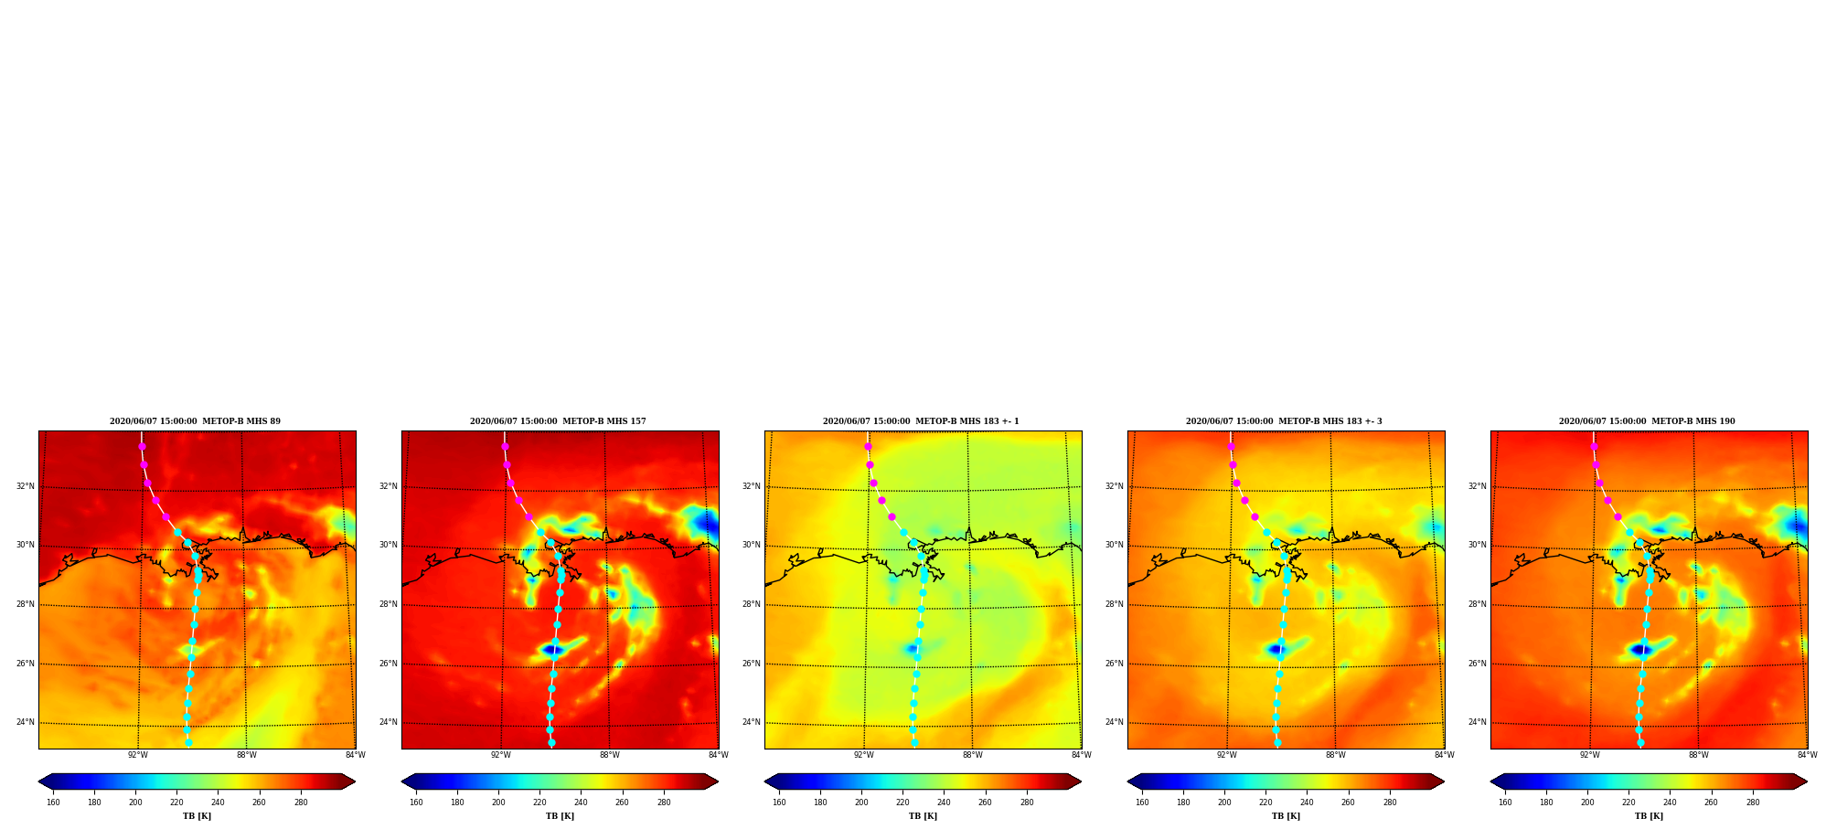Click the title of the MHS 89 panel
pos(195,421)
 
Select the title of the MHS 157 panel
pos(558,421)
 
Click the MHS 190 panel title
pos(1647,421)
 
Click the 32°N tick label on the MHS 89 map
pos(26,486)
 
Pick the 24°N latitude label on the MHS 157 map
pos(389,722)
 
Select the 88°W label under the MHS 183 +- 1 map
pos(972,755)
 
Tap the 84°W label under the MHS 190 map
pos(1807,755)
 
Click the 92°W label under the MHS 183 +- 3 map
pos(1226,755)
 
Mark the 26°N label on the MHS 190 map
pos(1478,664)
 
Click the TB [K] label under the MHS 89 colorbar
pos(197,816)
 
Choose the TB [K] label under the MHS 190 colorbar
pos(1649,816)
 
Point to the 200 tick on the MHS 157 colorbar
pos(498,802)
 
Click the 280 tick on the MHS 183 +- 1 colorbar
pos(1027,802)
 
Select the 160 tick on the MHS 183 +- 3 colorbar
pos(1142,802)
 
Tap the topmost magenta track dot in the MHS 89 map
pos(142,446)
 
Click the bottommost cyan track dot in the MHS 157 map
pos(551,743)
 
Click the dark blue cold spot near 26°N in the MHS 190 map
pos(1639,650)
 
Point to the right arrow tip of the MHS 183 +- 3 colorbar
pos(1444,781)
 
